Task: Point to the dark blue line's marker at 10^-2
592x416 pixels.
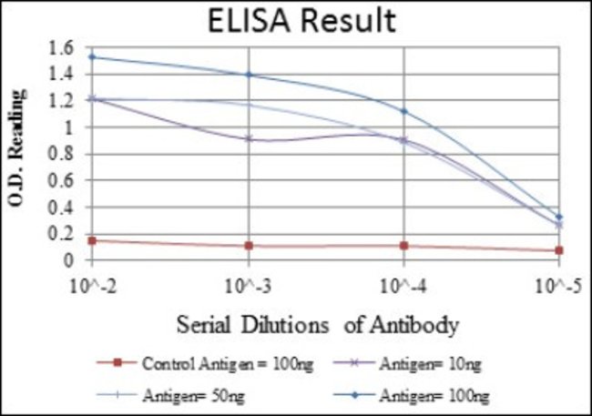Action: coord(92,56)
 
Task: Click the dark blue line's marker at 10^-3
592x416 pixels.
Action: coord(248,75)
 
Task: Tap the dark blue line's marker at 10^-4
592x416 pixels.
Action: coord(404,111)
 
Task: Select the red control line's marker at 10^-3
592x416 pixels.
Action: coord(248,246)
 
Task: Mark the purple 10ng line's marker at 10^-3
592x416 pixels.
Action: coord(248,138)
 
